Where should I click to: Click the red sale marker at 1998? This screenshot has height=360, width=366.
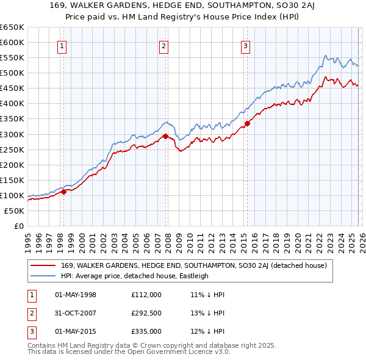(63, 192)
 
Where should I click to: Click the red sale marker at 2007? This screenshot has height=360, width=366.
(165, 136)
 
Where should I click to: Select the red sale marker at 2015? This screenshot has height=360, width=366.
(247, 123)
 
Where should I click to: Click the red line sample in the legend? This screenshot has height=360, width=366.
(44, 265)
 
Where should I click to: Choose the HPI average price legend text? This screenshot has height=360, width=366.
(135, 276)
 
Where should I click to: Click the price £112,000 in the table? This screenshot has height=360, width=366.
(146, 295)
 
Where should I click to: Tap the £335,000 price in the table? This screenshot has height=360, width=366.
(146, 331)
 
